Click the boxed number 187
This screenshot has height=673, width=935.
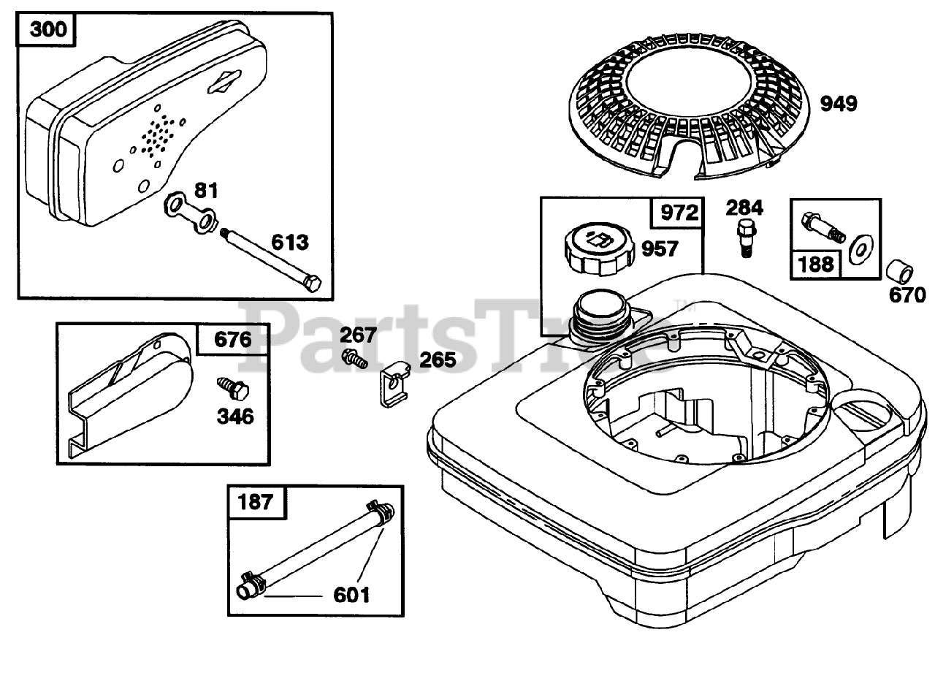pyautogui.click(x=255, y=501)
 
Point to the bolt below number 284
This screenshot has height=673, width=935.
pyautogui.click(x=744, y=237)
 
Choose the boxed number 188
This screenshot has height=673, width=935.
pyautogui.click(x=817, y=263)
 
